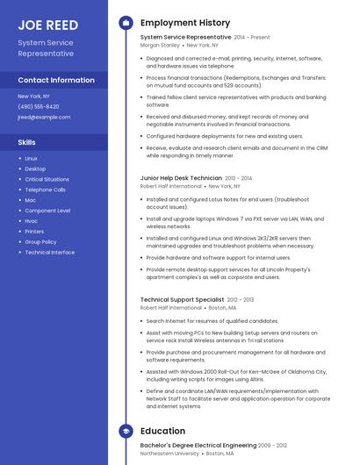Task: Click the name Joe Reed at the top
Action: [48, 25]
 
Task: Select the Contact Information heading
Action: [56, 80]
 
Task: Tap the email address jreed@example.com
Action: [44, 117]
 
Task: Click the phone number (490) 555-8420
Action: [39, 106]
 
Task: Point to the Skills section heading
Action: [27, 141]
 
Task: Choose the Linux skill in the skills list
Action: [32, 158]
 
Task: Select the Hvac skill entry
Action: [32, 221]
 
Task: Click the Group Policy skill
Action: [40, 241]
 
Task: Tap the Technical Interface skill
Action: [50, 252]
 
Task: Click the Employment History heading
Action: [185, 23]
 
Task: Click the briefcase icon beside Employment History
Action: [125, 23]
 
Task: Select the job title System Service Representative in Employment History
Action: [185, 37]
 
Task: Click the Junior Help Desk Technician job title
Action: [181, 178]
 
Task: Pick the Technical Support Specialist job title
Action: [182, 300]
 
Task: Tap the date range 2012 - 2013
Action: [241, 300]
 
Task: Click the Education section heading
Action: [162, 432]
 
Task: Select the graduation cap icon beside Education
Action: [125, 432]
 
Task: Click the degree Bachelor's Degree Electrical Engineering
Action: [193, 447]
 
